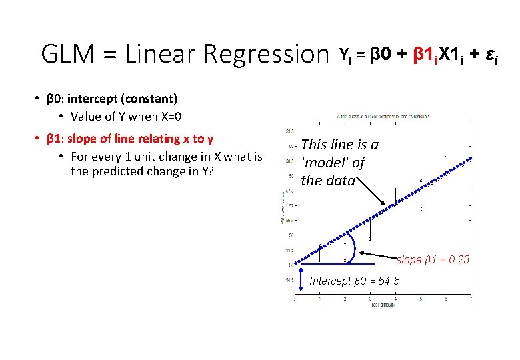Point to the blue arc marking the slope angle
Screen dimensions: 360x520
357,245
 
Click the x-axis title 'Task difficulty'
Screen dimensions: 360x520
383,305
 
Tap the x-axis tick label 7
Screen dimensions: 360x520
471,298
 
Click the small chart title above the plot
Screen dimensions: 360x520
383,116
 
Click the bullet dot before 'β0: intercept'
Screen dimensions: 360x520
38,99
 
